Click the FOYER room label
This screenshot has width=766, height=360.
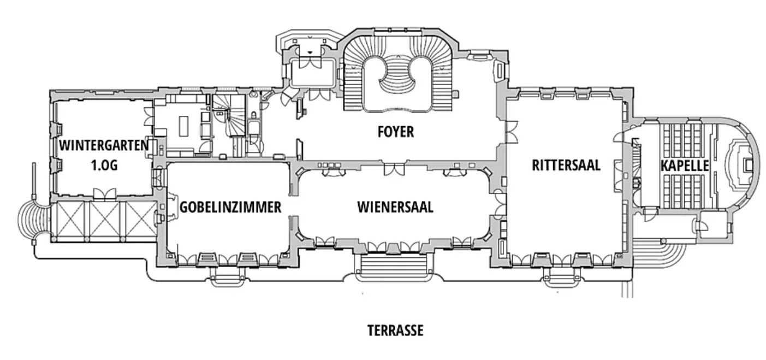(x=395, y=132)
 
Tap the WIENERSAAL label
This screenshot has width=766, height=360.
(x=395, y=207)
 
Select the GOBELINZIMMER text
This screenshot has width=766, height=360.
(x=230, y=207)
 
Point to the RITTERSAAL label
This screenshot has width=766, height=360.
(x=566, y=165)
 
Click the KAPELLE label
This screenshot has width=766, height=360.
(x=685, y=166)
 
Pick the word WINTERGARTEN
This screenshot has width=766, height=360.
(x=104, y=145)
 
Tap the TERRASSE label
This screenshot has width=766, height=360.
(x=395, y=331)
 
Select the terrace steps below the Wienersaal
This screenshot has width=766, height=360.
(x=390, y=267)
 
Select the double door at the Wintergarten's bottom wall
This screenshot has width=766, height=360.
(x=104, y=193)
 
